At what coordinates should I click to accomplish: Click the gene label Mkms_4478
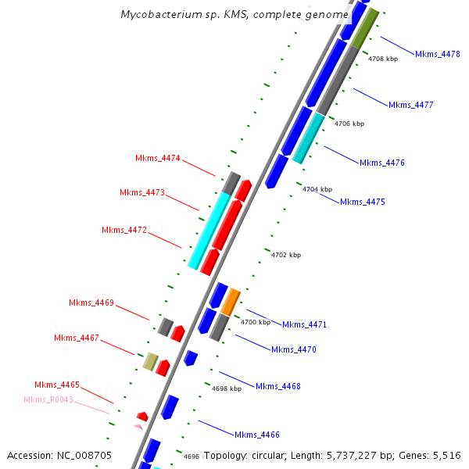pyautogui.click(x=437, y=54)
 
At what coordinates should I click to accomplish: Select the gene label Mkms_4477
pyautogui.click(x=410, y=105)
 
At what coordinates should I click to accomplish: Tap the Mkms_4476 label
pyautogui.click(x=382, y=163)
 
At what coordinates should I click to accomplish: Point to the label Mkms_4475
pyautogui.click(x=363, y=202)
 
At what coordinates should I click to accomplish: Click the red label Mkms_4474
pyautogui.click(x=158, y=158)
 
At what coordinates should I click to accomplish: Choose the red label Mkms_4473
pyautogui.click(x=142, y=192)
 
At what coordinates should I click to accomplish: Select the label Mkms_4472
pyautogui.click(x=124, y=230)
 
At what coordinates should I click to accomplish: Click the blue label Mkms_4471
pyautogui.click(x=305, y=324)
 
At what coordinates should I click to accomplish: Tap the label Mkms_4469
pyautogui.click(x=91, y=303)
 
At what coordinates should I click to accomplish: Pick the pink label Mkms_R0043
pyautogui.click(x=48, y=399)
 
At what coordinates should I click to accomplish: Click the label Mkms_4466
pyautogui.click(x=257, y=435)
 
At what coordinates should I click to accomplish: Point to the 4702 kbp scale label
pyautogui.click(x=286, y=255)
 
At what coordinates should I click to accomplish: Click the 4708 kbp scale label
pyautogui.click(x=383, y=59)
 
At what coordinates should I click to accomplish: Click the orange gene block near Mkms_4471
pyautogui.click(x=231, y=301)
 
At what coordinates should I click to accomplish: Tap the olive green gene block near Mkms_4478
pyautogui.click(x=364, y=29)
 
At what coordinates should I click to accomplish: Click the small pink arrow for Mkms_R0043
pyautogui.click(x=138, y=427)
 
